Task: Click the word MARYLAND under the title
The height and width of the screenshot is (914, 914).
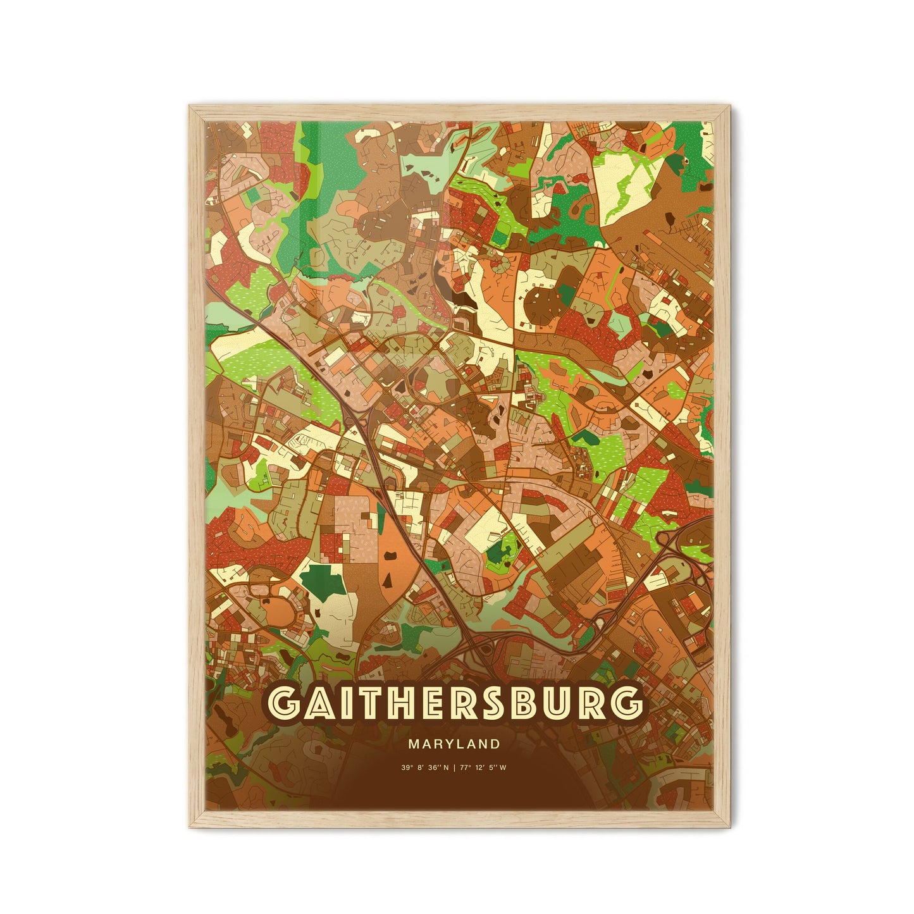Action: click(454, 743)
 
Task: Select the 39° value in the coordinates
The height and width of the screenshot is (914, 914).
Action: click(405, 768)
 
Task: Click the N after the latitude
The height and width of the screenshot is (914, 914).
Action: click(447, 768)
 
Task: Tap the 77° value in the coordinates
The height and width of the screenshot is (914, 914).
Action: click(467, 768)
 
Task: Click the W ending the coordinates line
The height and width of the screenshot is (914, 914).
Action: click(503, 768)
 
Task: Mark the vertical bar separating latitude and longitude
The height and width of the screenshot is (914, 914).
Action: click(455, 768)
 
